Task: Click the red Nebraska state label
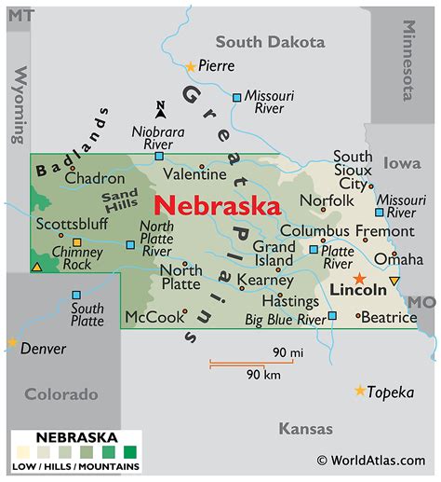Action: point(217,205)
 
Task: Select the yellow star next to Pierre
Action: point(191,66)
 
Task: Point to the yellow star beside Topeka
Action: point(360,391)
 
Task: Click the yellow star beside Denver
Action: point(12,343)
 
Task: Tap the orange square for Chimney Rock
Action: point(77,243)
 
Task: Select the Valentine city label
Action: point(194,174)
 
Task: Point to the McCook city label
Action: point(154,317)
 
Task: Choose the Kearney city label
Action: point(264,280)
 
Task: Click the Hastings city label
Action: point(289,301)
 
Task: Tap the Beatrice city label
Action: point(390,318)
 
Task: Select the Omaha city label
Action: point(397,259)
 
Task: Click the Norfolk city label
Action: point(326,200)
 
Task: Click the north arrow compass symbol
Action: point(160,109)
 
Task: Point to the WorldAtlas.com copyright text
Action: point(373,460)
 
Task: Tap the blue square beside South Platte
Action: point(76,295)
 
